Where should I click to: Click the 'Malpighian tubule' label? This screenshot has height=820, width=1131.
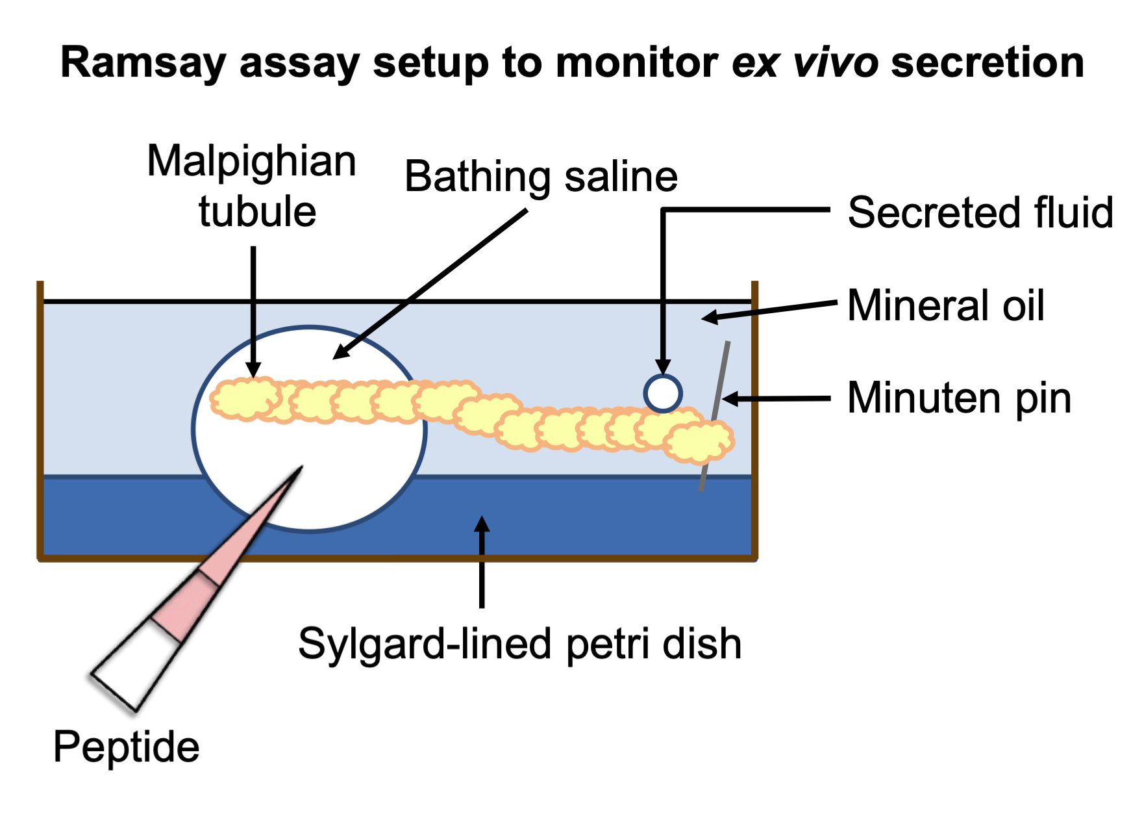tap(252, 186)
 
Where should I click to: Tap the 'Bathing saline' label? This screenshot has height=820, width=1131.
tap(540, 176)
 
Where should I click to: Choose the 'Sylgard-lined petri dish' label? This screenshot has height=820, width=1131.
tap(519, 643)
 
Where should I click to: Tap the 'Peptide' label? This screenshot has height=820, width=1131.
tap(126, 746)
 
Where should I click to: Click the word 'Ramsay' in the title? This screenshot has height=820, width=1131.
tap(143, 63)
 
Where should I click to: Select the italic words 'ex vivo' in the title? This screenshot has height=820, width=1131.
tap(805, 63)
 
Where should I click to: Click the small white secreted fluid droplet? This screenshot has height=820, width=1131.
tap(663, 393)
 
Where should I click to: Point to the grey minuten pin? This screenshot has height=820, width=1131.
tap(715, 416)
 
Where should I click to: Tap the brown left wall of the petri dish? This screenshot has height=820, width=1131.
tap(40, 422)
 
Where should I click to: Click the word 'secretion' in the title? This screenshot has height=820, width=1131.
tap(987, 63)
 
